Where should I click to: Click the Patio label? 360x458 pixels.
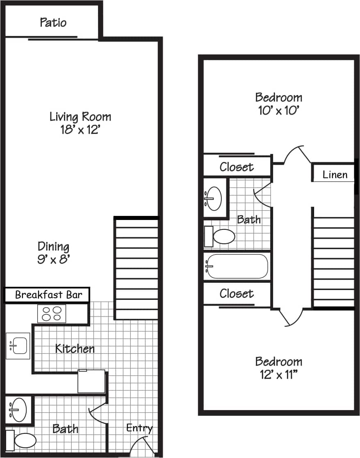[x=53, y=22]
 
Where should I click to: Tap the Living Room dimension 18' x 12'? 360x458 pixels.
[x=80, y=130]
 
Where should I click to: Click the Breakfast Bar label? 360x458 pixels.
[x=48, y=295]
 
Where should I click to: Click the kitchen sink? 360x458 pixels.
[x=18, y=346]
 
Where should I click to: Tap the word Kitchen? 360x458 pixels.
[x=75, y=349]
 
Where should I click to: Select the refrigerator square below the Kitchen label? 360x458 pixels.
[x=91, y=381]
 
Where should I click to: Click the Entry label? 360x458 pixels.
[x=139, y=428]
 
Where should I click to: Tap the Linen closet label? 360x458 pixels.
[x=335, y=175]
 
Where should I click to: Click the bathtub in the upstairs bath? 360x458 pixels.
[x=237, y=266]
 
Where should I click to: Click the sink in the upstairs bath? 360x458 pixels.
[x=214, y=198]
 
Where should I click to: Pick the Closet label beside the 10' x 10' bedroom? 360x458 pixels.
[x=237, y=167]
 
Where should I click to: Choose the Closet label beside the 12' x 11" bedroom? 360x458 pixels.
[x=237, y=293]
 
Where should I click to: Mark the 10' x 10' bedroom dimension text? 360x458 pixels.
[x=278, y=111]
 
